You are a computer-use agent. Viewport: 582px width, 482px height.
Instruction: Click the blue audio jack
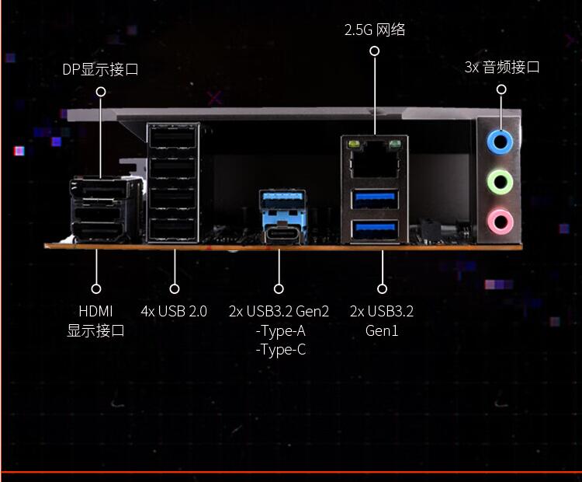pyautogui.click(x=500, y=142)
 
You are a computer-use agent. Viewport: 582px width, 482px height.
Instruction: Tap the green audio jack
pyautogui.click(x=500, y=182)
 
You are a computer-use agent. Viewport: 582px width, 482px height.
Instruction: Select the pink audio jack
pyautogui.click(x=501, y=222)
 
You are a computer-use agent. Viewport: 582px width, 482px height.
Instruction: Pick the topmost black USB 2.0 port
pyautogui.click(x=173, y=137)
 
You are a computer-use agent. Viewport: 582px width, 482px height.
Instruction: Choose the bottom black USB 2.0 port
pyautogui.click(x=173, y=229)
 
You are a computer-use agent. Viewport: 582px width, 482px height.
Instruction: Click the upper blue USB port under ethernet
pyautogui.click(x=375, y=199)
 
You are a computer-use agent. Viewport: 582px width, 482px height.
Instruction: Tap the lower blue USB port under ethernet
pyautogui.click(x=375, y=230)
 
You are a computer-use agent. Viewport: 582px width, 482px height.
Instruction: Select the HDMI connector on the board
pyautogui.click(x=100, y=232)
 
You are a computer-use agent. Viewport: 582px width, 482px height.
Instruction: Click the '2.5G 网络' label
pyautogui.click(x=375, y=30)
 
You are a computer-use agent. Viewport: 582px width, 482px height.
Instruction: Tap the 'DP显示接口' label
pyautogui.click(x=100, y=69)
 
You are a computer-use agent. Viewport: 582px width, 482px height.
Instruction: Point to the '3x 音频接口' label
pyautogui.click(x=502, y=68)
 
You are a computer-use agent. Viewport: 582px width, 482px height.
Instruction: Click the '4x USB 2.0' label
pyautogui.click(x=174, y=311)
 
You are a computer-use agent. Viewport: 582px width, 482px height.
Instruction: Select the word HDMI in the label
pyautogui.click(x=95, y=311)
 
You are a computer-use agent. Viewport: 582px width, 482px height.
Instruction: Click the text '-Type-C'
pyautogui.click(x=281, y=350)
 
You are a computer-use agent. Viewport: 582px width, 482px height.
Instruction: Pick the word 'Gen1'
pyautogui.click(x=382, y=330)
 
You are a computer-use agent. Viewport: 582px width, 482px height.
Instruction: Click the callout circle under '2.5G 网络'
pyautogui.click(x=375, y=51)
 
